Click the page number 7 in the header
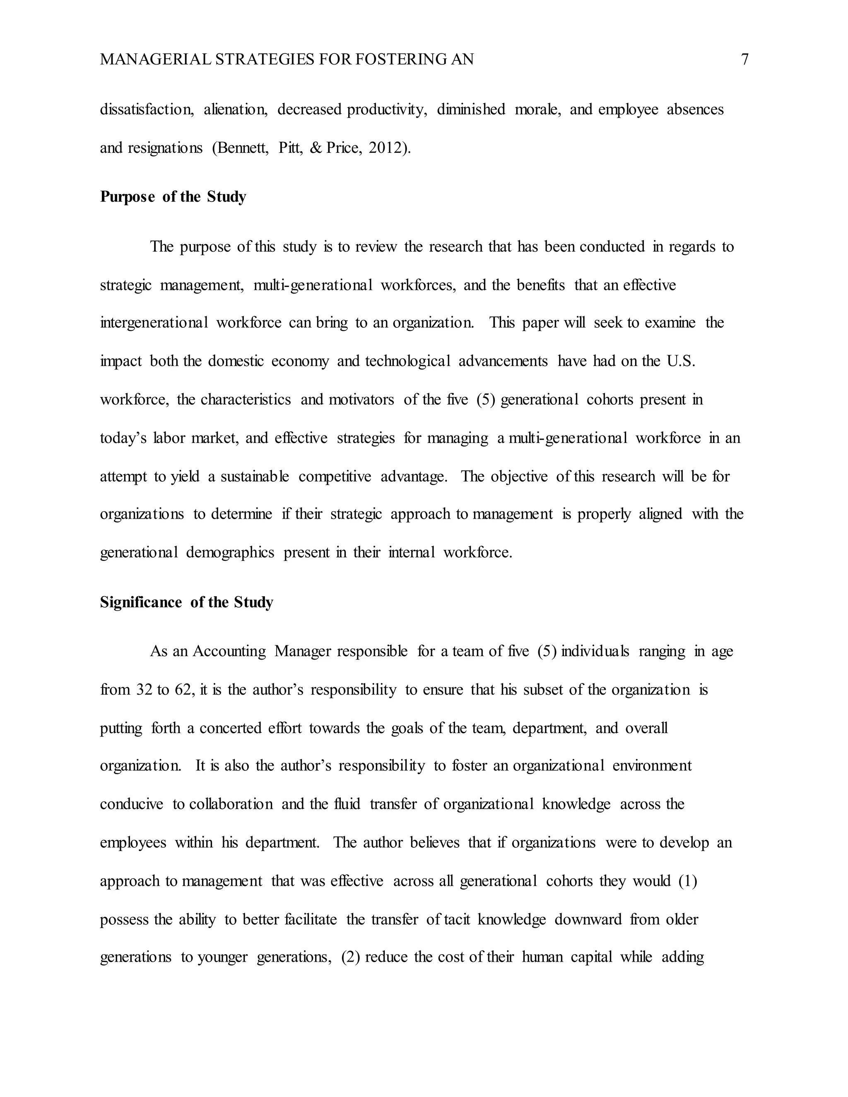pos(744,60)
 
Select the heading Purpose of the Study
pos(173,197)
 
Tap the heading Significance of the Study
pos(186,602)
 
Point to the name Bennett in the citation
pos(240,148)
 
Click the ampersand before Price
pos(316,148)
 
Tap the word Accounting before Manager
pos(229,652)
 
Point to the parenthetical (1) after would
pos(687,881)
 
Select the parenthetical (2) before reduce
pos(350,957)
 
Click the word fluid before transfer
pos(347,804)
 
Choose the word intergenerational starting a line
pos(154,322)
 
